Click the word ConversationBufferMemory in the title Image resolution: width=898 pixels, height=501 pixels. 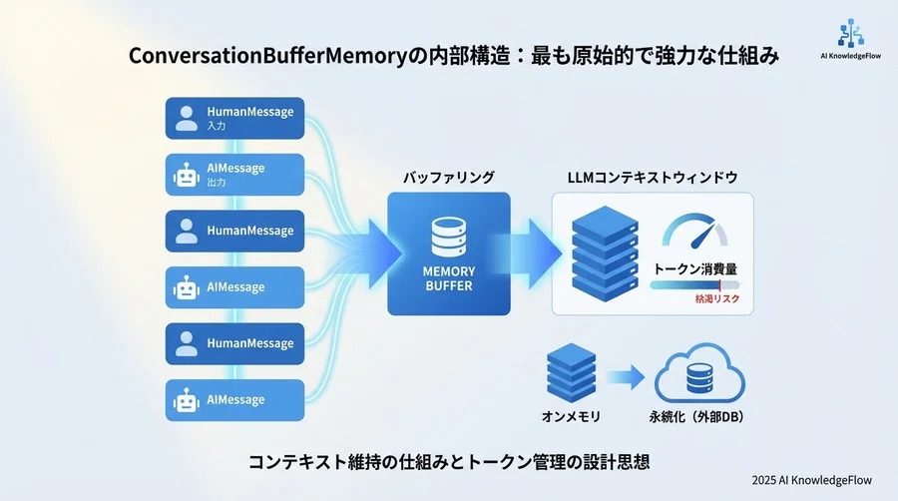pos(263,57)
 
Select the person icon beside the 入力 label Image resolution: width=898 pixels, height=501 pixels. pos(186,119)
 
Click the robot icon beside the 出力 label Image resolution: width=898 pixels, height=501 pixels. pos(186,176)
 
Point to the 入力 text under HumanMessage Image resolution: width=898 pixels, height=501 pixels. pos(218,127)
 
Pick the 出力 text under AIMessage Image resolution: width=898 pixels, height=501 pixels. pos(218,184)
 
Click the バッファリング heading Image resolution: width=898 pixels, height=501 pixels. pos(448,177)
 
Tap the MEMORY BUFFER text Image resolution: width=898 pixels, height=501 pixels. pos(448,278)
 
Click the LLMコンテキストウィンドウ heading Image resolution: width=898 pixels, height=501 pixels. pos(653,177)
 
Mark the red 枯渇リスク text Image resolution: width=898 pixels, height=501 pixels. pos(717,298)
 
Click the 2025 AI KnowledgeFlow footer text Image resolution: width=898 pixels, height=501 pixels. pos(812,480)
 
